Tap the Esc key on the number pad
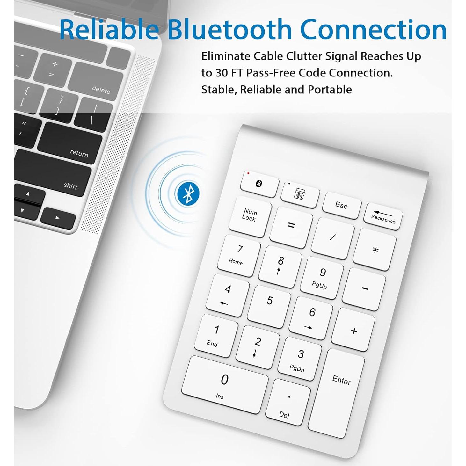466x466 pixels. tap(341, 205)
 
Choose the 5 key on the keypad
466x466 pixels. tap(269, 306)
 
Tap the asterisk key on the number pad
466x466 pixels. tap(375, 250)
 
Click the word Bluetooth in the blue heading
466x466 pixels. tap(230, 29)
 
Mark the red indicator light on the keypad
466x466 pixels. tap(248, 173)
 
